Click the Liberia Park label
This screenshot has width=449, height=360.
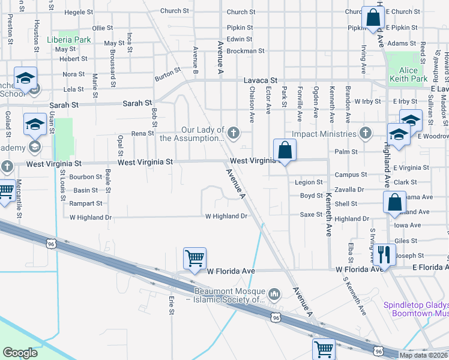[68, 40]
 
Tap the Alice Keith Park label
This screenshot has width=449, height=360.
[408, 74]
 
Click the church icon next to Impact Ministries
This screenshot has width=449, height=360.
[366, 133]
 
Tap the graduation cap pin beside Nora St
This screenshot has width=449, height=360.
[26, 78]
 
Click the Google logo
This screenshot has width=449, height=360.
[20, 352]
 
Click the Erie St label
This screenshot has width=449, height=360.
[171, 304]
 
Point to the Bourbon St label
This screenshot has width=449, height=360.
[86, 177]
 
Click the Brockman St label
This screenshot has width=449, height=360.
[246, 51]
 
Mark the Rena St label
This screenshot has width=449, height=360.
[143, 134]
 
